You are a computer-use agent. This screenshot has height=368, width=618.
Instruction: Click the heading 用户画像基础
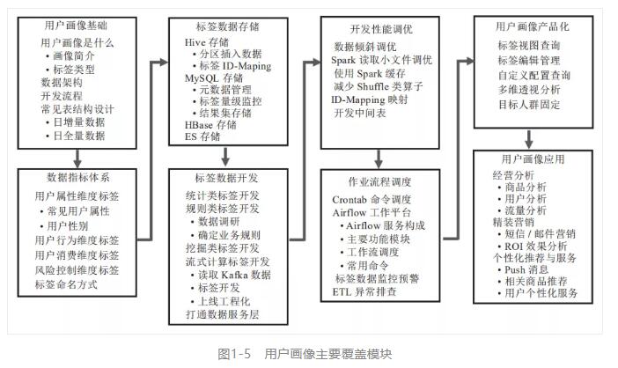click(76, 26)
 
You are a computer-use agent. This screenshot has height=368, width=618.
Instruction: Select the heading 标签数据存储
click(227, 26)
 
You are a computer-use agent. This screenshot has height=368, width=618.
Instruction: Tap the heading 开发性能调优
click(381, 29)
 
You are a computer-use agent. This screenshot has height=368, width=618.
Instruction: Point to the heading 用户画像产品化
click(532, 26)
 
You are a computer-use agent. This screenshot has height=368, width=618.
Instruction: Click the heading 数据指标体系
click(78, 177)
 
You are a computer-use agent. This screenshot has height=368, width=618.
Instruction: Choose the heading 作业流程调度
click(379, 181)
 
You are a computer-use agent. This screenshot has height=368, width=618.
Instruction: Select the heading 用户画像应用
click(533, 159)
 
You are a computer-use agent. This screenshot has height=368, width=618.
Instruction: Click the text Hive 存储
click(207, 42)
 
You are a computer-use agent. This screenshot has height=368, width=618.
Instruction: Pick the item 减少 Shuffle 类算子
click(379, 86)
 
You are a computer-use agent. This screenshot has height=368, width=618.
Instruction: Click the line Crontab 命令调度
click(372, 199)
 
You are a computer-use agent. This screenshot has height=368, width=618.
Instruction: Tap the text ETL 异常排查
click(364, 292)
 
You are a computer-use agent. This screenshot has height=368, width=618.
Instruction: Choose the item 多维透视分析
click(529, 90)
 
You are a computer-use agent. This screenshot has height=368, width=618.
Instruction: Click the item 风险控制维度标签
click(77, 270)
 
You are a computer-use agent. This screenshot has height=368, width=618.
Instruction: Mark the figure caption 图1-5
click(234, 354)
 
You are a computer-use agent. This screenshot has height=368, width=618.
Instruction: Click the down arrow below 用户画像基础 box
click(77, 158)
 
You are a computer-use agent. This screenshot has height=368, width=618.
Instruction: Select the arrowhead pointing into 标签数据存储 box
click(164, 62)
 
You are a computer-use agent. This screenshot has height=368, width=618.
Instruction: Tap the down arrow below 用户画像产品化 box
click(529, 139)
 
